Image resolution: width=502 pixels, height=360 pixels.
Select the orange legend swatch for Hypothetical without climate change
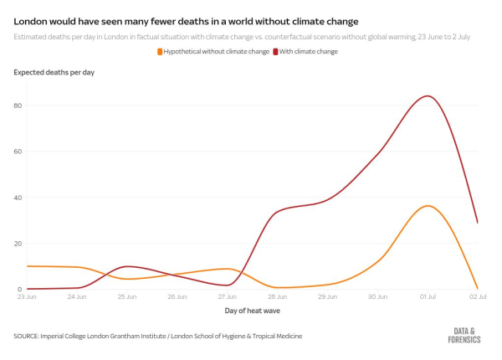[160, 52]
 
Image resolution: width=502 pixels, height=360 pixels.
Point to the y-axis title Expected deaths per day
[54, 73]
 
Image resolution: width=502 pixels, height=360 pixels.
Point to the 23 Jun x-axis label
[26, 296]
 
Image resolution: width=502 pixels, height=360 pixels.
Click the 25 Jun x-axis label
[127, 296]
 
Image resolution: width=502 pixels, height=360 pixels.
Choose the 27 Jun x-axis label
[227, 296]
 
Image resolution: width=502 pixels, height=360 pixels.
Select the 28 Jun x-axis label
[277, 296]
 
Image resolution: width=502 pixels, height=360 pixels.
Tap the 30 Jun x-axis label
[377, 296]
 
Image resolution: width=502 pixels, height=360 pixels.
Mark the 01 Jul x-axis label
[428, 296]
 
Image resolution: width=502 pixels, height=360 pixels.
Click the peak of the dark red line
[428, 95]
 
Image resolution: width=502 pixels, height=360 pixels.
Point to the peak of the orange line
[428, 206]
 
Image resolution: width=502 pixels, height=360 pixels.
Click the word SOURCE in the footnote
[28, 336]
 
